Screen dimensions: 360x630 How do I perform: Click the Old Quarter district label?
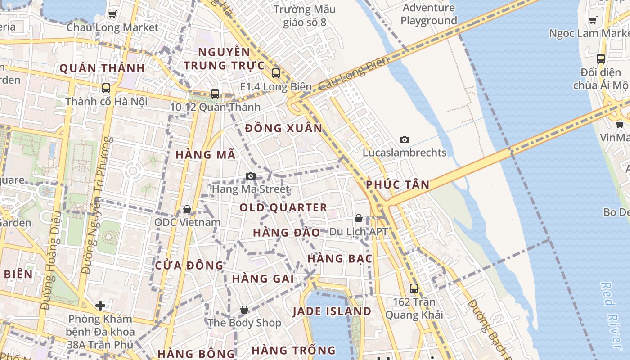(283, 208)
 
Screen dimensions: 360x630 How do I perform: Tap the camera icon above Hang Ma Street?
(251, 176)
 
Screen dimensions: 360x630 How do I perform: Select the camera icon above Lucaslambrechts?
(405, 139)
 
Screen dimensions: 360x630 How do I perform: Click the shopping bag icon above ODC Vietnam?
(187, 209)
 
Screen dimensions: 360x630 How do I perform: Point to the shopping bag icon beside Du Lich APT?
(359, 218)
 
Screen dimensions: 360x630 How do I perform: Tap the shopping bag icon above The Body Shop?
(244, 310)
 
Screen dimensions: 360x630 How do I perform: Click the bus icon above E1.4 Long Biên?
(276, 73)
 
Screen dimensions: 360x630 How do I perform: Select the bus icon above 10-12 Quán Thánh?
(215, 94)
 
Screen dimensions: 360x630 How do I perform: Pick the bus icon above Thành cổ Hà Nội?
(106, 88)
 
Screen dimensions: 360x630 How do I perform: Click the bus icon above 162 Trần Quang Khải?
(414, 288)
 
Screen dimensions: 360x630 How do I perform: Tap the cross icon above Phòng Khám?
(100, 306)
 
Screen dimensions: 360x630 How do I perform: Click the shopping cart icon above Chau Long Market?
(112, 14)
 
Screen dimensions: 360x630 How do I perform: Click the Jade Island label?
(332, 311)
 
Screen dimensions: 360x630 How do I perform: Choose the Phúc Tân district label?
(398, 184)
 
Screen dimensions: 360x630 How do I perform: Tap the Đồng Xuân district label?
(284, 128)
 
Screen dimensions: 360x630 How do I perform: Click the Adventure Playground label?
(428, 14)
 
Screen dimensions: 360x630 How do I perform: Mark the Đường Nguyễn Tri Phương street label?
(96, 205)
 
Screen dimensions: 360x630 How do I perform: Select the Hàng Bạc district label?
(340, 259)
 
